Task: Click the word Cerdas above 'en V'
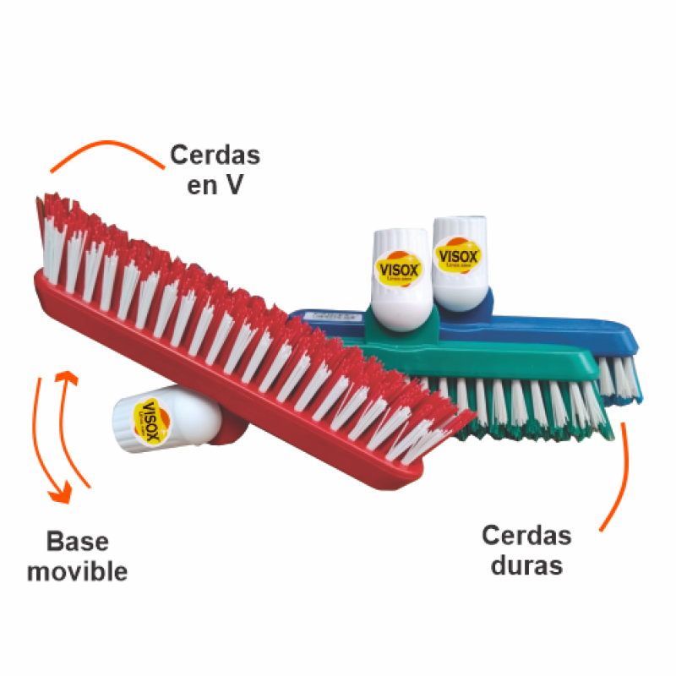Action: click(x=215, y=155)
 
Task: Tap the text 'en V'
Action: click(x=215, y=185)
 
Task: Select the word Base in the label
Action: click(x=78, y=542)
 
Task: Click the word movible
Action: click(x=77, y=571)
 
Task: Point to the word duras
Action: click(x=526, y=564)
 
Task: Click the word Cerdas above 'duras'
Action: click(x=526, y=535)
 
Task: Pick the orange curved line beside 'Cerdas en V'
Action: click(x=106, y=151)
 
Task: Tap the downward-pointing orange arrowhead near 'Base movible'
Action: click(x=58, y=494)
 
